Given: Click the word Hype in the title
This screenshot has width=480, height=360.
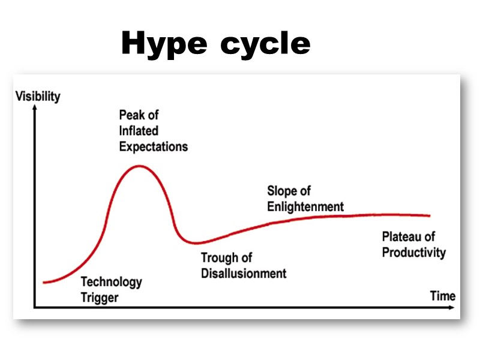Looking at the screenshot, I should coord(164,44).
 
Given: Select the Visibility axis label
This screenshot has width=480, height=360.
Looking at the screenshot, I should coord(38,96).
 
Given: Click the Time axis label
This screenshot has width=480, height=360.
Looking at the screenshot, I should coord(443,296).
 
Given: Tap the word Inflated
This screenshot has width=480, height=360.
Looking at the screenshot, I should coord(139,130).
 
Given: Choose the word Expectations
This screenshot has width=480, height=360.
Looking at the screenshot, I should coord(153,146).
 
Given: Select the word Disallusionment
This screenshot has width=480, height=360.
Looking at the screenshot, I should coord(244,274).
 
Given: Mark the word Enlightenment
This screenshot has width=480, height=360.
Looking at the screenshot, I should coord(305,207).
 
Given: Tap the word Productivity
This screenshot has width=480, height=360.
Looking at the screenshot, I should coord(414,252).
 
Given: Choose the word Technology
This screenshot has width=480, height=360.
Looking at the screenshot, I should coord(111,281).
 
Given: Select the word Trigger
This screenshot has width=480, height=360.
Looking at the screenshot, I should coord(99,297).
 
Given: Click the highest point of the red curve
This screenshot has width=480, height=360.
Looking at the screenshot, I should coord(140,165).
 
